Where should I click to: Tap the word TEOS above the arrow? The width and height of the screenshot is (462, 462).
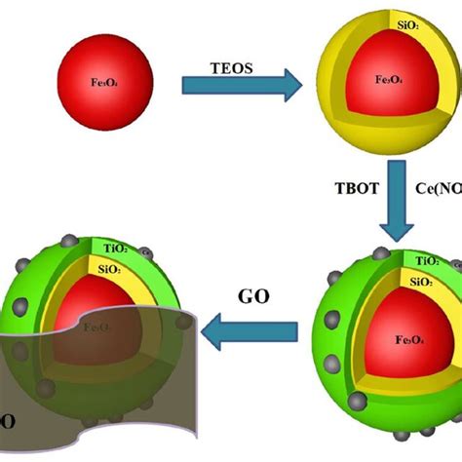pos(233,69)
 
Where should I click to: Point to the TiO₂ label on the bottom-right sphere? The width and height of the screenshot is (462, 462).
pos(425,262)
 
